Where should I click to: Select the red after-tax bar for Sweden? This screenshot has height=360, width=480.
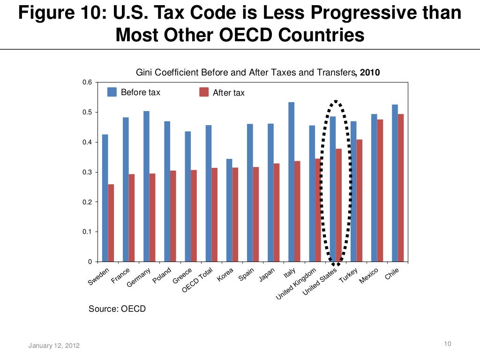[111, 223]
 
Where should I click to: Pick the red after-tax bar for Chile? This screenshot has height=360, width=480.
[401, 187]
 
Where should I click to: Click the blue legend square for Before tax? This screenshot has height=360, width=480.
[112, 92]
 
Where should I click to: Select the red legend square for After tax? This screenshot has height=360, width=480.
[204, 92]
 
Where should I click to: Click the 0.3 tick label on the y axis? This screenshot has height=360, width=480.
[86, 172]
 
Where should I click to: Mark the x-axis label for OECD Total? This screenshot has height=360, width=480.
[198, 280]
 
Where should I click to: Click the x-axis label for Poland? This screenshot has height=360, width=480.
[162, 276]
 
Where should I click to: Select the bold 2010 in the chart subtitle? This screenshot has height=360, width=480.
[370, 73]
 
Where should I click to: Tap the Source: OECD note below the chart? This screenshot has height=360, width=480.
[117, 308]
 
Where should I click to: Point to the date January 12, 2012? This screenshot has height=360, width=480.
[54, 346]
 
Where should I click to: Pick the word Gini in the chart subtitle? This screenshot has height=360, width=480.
[143, 73]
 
